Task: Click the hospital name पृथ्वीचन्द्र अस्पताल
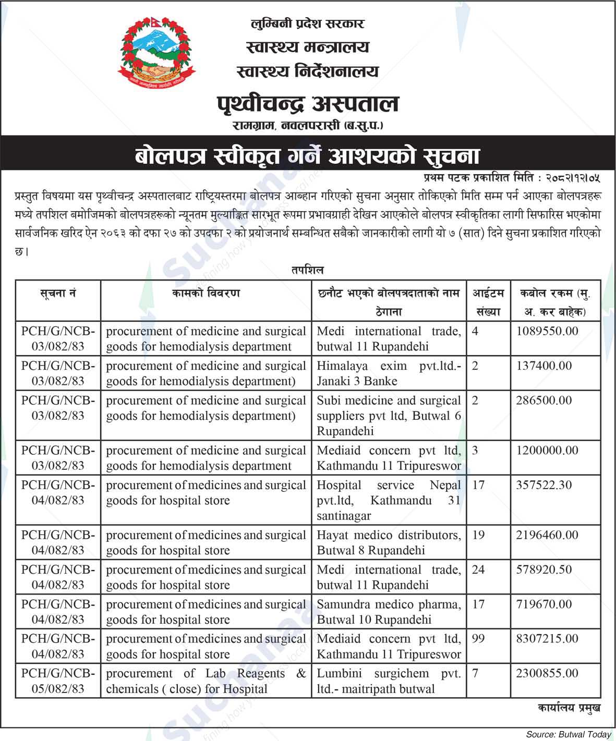(307, 104)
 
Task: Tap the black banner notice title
(307, 155)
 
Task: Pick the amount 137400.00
(544, 366)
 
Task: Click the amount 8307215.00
(547, 639)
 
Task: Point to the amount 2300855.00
(547, 673)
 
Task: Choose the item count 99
(478, 639)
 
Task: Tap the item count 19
(478, 535)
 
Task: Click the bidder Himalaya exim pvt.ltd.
(389, 373)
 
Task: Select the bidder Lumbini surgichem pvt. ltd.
(389, 681)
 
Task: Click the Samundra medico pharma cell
(389, 612)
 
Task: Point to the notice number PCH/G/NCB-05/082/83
(58, 681)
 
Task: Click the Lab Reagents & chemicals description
(206, 681)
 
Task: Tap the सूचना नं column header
(58, 293)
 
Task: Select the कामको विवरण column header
(206, 293)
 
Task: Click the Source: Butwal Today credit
(568, 734)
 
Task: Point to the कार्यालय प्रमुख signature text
(569, 708)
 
